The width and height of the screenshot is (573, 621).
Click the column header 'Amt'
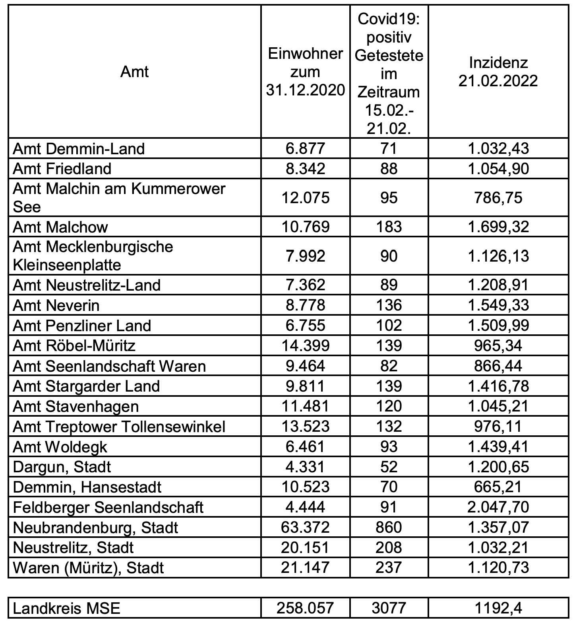click(x=134, y=72)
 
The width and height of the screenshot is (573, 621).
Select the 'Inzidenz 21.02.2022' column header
click(x=498, y=72)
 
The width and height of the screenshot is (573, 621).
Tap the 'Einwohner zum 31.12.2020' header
click(x=305, y=72)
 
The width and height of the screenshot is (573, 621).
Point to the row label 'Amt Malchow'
click(x=60, y=227)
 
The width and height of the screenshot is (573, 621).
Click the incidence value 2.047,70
click(x=498, y=507)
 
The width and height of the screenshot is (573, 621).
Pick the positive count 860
click(x=389, y=528)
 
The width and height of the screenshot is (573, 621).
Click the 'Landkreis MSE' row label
click(x=66, y=608)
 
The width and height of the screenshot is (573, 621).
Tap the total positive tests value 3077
click(x=389, y=608)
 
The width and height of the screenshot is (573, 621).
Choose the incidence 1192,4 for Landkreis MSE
click(x=498, y=608)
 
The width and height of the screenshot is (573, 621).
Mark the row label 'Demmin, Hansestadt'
click(x=87, y=487)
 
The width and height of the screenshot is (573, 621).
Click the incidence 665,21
click(x=498, y=487)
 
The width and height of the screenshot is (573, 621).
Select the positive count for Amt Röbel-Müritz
click(x=389, y=345)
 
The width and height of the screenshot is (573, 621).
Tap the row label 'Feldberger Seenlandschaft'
click(x=108, y=507)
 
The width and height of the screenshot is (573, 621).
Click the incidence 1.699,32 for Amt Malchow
click(x=498, y=227)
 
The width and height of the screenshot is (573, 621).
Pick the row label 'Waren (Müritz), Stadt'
click(x=88, y=568)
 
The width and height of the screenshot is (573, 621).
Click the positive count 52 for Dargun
click(x=389, y=467)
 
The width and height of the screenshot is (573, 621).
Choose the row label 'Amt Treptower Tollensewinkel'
click(x=119, y=427)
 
